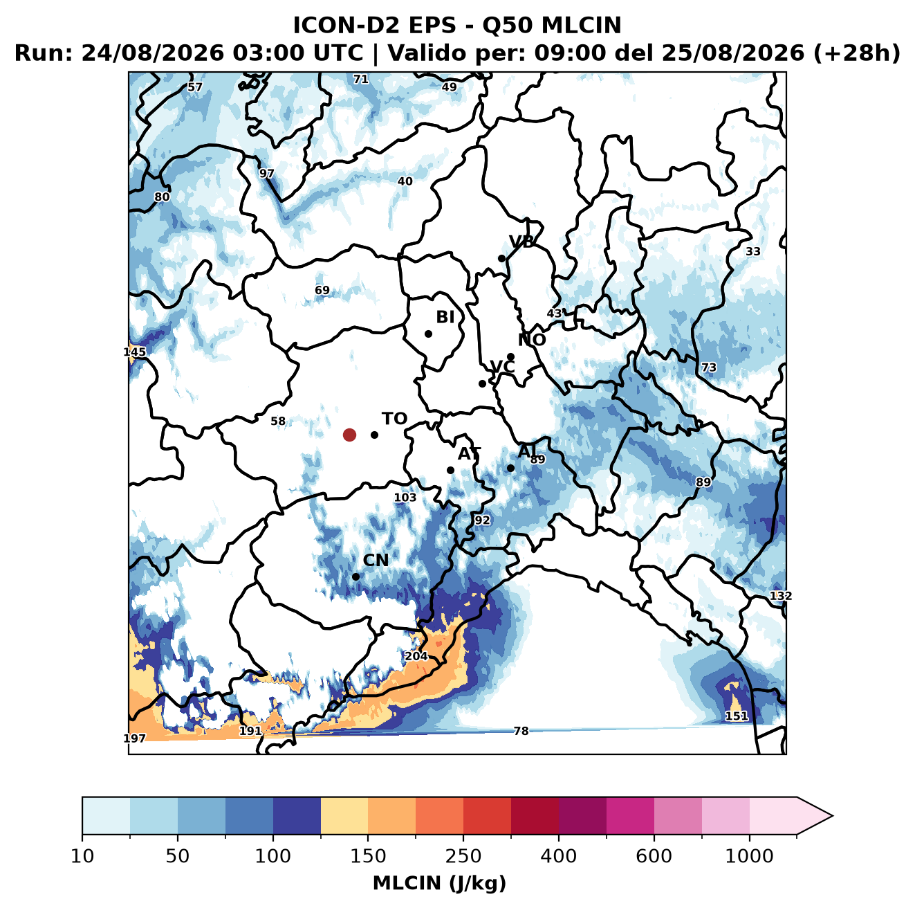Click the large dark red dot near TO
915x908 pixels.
[349, 435]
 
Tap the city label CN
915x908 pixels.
[376, 560]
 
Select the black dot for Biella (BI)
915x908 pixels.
[428, 334]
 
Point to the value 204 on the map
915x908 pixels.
[416, 656]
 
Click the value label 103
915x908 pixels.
[405, 498]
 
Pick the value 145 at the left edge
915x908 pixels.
[134, 352]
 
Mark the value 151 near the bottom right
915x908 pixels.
[737, 716]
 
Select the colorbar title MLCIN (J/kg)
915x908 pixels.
[439, 883]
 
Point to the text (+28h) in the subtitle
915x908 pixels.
[856, 53]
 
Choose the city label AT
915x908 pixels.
[469, 454]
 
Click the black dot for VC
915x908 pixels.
[482, 383]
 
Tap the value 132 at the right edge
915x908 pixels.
[781, 596]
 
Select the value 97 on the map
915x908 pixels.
[266, 174]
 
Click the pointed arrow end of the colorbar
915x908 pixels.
[832, 816]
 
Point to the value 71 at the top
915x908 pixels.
[361, 80]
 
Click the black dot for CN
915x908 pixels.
[355, 576]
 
